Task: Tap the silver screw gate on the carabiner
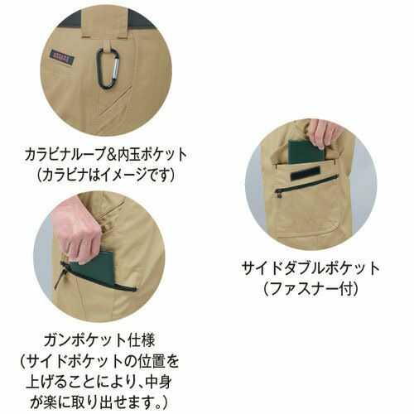(x=117, y=69)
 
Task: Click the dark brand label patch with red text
(x=62, y=58)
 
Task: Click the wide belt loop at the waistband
(x=106, y=21)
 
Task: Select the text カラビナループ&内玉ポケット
(x=106, y=155)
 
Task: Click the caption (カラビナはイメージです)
(x=106, y=175)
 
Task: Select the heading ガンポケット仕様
(x=99, y=340)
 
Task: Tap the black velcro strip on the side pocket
(x=305, y=175)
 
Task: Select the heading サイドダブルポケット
(x=311, y=268)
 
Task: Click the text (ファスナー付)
(x=311, y=289)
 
